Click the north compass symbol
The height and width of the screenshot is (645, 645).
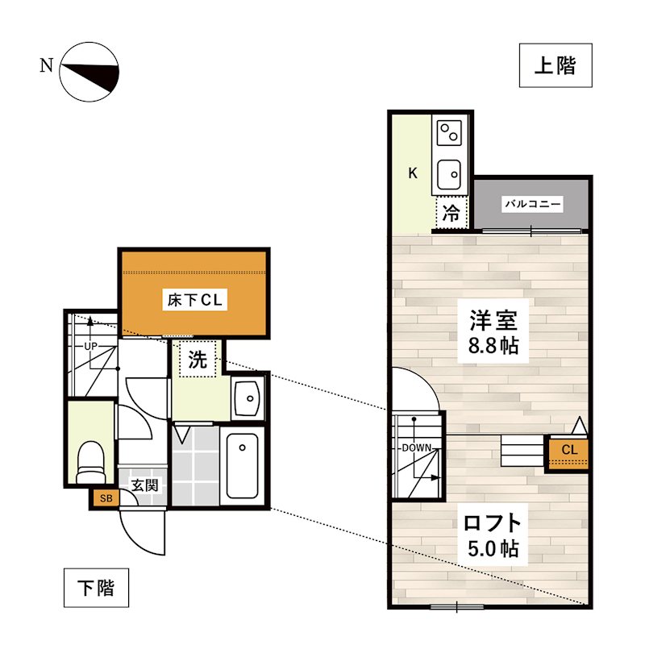point(89,72)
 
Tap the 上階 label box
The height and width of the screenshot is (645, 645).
point(556,65)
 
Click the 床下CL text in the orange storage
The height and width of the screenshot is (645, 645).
point(193,301)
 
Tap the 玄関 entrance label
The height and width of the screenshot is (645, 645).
point(144,486)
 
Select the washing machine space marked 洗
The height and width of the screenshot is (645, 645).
point(197,361)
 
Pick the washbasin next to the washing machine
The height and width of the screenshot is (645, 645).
point(247,397)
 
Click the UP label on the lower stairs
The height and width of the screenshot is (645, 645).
point(90,347)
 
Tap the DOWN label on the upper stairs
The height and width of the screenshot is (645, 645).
point(417,448)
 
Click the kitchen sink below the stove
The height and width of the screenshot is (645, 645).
point(448,173)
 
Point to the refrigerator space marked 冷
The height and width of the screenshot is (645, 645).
point(452,214)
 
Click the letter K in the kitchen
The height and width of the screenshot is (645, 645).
point(412,173)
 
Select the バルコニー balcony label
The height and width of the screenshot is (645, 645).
point(533,204)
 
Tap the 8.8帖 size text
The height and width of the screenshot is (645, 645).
point(493,348)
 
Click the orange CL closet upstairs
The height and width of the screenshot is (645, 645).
point(568,450)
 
